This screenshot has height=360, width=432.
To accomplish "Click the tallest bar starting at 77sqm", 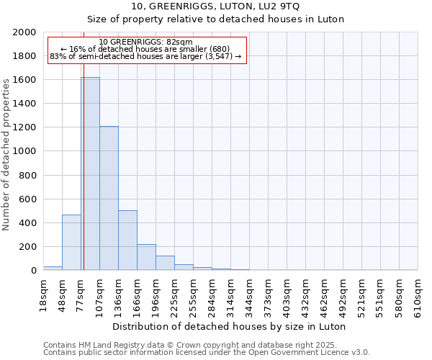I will [90, 174].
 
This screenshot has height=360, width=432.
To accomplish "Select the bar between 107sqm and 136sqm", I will [109, 198].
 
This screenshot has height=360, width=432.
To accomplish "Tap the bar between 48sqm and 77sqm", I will [71, 243].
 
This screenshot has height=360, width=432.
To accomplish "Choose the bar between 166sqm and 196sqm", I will [146, 257].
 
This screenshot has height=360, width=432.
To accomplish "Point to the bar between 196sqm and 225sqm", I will [165, 263].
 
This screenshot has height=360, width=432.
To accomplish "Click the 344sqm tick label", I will [250, 294].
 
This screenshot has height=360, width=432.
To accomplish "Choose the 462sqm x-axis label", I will [325, 294].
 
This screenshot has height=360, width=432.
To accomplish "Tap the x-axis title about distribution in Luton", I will [230, 326].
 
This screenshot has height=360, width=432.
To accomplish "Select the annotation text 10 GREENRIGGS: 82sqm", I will [146, 42].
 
